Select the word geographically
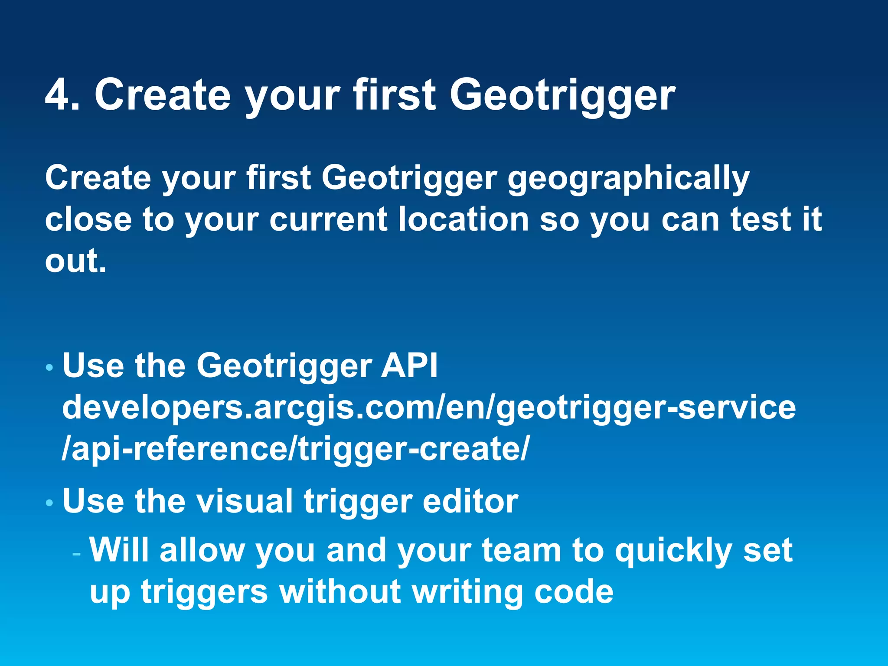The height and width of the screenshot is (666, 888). (628, 179)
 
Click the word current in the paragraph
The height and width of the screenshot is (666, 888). (328, 219)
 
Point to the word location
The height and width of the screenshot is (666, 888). (464, 219)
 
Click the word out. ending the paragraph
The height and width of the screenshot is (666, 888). (75, 261)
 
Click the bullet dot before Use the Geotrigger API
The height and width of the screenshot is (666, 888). (49, 368)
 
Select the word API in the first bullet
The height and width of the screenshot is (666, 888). (409, 366)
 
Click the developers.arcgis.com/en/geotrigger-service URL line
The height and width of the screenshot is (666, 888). (429, 408)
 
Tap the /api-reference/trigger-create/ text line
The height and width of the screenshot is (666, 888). (295, 449)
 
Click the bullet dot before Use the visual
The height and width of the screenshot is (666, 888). (49, 503)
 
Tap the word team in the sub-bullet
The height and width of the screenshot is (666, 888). (522, 551)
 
